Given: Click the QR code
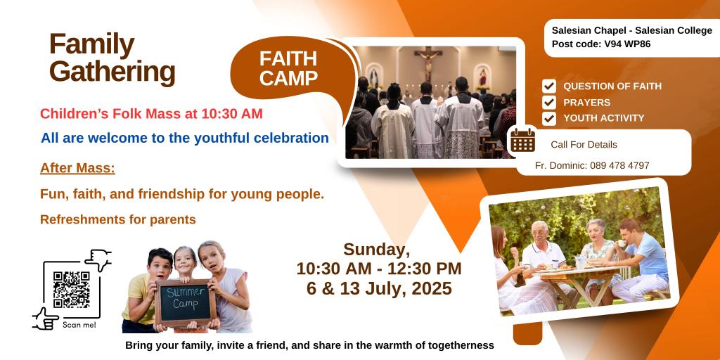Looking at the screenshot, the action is (x=71, y=290).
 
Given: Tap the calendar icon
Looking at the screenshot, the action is (x=523, y=140).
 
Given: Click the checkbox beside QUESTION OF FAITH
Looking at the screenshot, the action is (x=548, y=86).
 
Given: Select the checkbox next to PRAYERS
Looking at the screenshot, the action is (x=548, y=102).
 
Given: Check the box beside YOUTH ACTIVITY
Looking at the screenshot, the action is (x=548, y=118).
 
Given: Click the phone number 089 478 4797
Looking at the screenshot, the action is (x=619, y=165).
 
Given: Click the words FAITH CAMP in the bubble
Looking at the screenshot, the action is (x=288, y=68).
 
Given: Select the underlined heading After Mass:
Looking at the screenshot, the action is (x=77, y=169).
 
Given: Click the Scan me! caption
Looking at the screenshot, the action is (x=79, y=325).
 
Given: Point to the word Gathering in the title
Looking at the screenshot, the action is (x=112, y=72).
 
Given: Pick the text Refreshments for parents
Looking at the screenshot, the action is (x=118, y=219).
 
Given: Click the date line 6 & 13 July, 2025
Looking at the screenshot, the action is (x=379, y=288).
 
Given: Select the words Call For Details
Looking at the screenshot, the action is (x=584, y=145).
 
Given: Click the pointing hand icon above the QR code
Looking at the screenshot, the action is (x=98, y=259).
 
